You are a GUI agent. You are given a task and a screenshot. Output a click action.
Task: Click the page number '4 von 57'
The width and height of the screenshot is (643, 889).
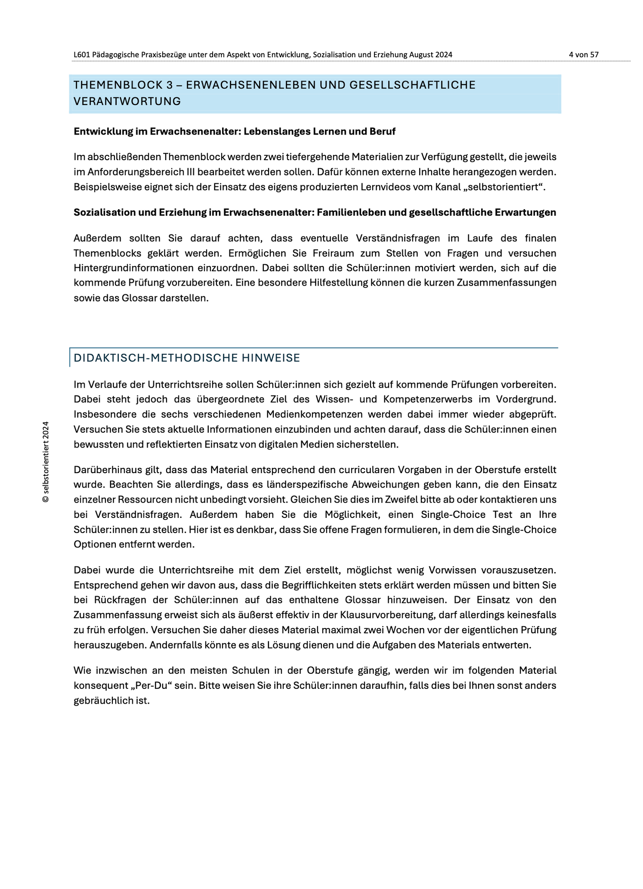(x=584, y=55)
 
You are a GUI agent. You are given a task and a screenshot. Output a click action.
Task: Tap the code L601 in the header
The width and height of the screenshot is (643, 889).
(x=82, y=55)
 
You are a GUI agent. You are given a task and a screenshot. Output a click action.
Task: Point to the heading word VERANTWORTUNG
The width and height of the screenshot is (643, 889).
(x=127, y=102)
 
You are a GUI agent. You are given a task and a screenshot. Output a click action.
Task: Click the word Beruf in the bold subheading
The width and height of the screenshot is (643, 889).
(x=382, y=132)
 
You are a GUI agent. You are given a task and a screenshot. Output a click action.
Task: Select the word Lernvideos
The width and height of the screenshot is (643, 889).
(x=382, y=187)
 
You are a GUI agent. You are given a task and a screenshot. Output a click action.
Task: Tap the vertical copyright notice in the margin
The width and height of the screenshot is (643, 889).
(x=46, y=462)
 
